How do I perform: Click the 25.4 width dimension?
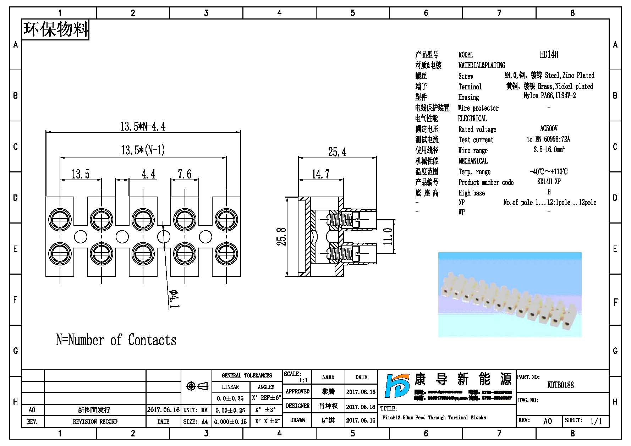coord(337,152)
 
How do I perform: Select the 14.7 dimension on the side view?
coord(320,174)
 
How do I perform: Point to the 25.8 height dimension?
coord(281,237)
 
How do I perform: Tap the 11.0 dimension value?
coord(388,237)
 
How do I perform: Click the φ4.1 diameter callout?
coord(174,299)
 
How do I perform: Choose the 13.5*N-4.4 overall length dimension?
coord(143,127)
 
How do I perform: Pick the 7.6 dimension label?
coord(185,174)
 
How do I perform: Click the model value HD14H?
coord(549,55)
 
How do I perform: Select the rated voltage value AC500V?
coord(549,129)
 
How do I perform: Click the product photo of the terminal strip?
coord(510,294)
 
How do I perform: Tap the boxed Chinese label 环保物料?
coord(55,29)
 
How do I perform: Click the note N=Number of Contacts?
coord(116,340)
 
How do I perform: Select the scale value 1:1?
coord(303,380)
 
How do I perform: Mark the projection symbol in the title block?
coord(197,386)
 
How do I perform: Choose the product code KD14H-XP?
coord(549,182)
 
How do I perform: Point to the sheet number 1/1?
coord(596,421)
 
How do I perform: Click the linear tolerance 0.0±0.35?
coord(230,398)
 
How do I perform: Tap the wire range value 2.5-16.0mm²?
coord(549,150)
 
